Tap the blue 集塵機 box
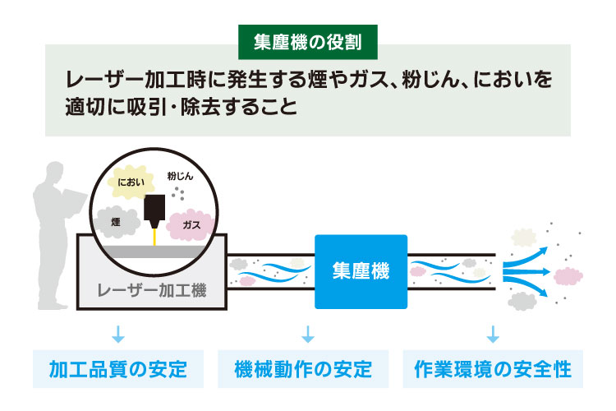click(361, 271)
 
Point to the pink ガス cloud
click(191, 224)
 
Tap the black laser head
click(154, 209)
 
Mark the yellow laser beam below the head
click(154, 236)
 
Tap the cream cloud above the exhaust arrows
click(523, 237)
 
